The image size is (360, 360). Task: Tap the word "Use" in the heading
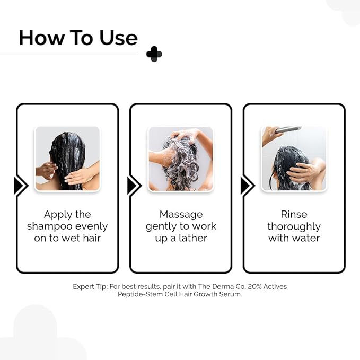[x=118, y=38]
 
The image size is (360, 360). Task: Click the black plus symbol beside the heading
[x=154, y=54]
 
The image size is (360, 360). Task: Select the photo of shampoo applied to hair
[x=67, y=159]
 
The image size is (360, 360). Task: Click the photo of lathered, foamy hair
[x=180, y=159]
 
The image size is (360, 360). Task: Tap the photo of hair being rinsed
[x=294, y=159]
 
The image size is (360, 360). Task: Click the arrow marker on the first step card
[x=20, y=186]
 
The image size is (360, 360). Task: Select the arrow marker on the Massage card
[x=134, y=186]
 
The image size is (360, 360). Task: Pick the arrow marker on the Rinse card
[x=247, y=186]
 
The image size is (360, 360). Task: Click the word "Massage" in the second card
[x=181, y=215]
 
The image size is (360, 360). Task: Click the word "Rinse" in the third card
[x=294, y=215]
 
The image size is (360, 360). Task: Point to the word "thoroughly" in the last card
[x=294, y=226]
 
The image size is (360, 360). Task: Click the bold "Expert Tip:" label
[x=90, y=286]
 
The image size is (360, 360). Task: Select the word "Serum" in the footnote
[x=230, y=294]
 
